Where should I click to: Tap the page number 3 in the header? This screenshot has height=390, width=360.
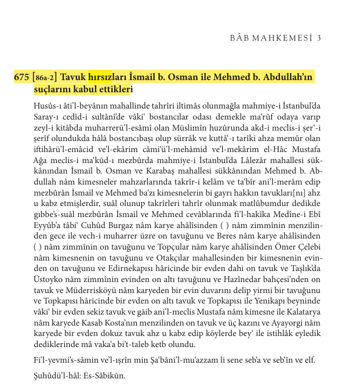click(319, 38)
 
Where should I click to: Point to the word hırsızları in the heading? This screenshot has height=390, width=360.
click(105, 77)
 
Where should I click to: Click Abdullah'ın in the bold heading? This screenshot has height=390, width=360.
click(288, 77)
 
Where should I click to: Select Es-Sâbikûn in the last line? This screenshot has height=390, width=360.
click(105, 375)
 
